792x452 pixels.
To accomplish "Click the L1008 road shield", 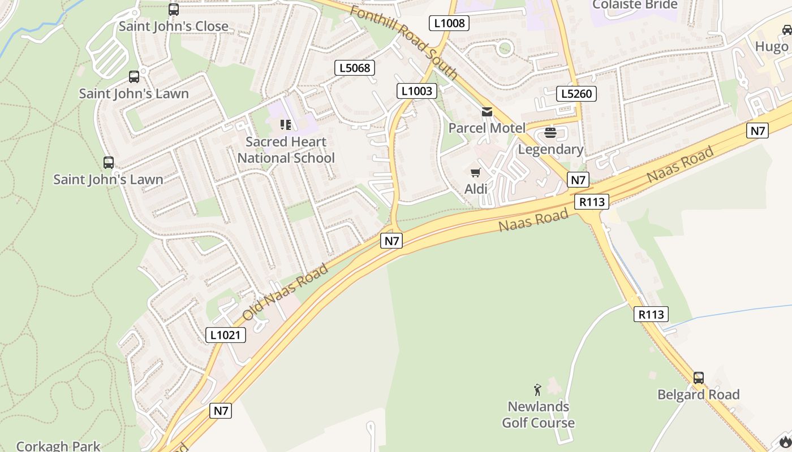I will click(x=450, y=23).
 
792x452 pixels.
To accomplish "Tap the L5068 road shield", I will click(x=355, y=68).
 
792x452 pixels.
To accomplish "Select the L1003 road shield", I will click(x=417, y=91).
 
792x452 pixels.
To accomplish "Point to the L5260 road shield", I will click(x=576, y=94).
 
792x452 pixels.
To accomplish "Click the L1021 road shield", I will click(x=226, y=335).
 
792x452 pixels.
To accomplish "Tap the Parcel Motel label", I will click(x=487, y=128).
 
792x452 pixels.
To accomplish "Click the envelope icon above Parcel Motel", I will click(x=487, y=112).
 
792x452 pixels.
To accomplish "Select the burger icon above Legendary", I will click(x=550, y=133).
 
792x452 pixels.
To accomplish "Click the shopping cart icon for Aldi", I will click(x=476, y=172).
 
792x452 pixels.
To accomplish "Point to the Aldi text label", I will click(x=476, y=189).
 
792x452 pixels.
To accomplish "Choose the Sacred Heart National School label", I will click(x=286, y=150).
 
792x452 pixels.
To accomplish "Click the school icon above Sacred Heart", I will click(x=286, y=124).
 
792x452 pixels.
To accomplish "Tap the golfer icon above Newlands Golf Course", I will click(x=537, y=390).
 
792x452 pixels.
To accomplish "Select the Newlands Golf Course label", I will click(x=538, y=415).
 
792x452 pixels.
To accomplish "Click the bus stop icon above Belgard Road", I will click(x=699, y=378).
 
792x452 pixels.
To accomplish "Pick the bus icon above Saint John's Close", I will click(x=174, y=10).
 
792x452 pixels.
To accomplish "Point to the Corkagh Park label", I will click(x=58, y=446).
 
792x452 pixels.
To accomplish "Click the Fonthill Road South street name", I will click(x=403, y=43).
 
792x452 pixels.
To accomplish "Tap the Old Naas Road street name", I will click(x=286, y=292).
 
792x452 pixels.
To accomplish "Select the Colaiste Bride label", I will click(x=635, y=5).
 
